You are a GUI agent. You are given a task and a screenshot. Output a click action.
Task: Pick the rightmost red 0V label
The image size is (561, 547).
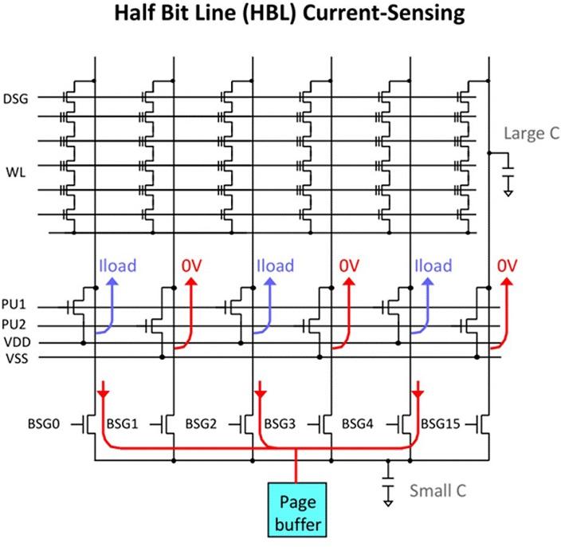[x=507, y=266]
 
